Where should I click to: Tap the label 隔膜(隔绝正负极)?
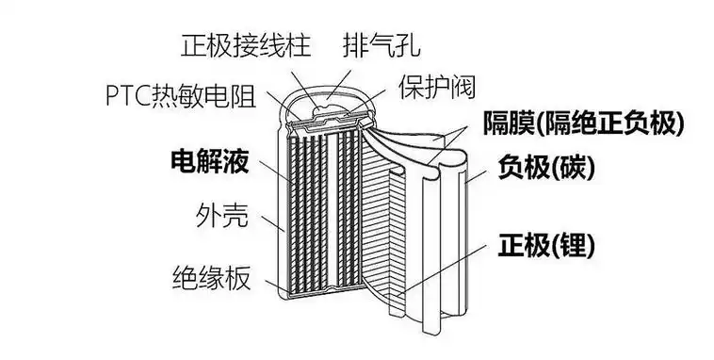tap(583, 123)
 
